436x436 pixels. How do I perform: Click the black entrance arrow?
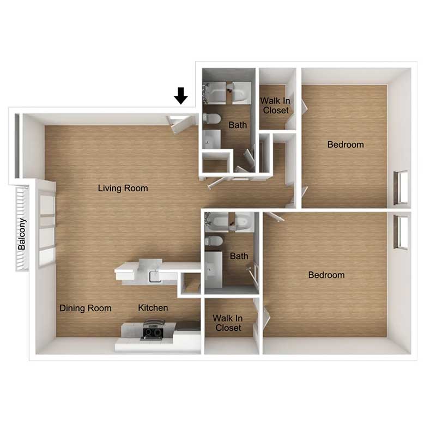coord(181,96)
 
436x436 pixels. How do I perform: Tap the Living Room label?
coord(123,188)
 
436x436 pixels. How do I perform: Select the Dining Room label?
coord(86,308)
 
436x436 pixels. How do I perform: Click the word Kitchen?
coord(153,308)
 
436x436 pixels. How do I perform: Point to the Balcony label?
coord(22,234)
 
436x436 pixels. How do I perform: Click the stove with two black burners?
coord(153,330)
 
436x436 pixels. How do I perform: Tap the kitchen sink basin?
coord(155,277)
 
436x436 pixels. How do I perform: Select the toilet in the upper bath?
coord(212,119)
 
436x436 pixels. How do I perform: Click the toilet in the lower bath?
coord(214,241)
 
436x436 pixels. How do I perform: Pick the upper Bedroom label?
coord(346,144)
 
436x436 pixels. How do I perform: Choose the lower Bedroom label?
coord(326,275)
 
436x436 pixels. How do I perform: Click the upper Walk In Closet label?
coord(275,105)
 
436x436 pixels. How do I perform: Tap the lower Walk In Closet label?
coord(227,323)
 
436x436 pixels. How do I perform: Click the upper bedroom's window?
coord(401,187)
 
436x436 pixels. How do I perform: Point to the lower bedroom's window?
coord(401,232)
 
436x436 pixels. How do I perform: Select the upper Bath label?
coord(238,125)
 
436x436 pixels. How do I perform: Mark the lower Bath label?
coord(239,256)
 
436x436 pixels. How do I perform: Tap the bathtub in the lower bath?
coord(229,222)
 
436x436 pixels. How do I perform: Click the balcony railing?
coord(22,228)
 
